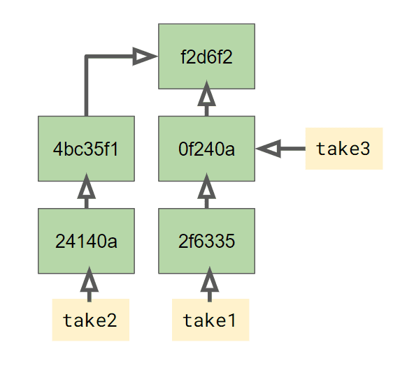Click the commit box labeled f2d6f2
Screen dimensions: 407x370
coord(206,57)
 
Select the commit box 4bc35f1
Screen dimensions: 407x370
coord(86,149)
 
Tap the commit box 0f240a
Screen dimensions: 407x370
coord(206,149)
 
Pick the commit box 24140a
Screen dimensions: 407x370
coord(86,241)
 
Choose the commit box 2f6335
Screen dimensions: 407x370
coord(206,241)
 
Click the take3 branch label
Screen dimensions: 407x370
coord(344,149)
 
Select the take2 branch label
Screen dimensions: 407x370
coord(91,320)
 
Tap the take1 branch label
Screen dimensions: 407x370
coord(210,320)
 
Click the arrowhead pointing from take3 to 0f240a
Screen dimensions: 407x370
coord(269,149)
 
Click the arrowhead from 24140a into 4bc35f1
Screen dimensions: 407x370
coord(87,186)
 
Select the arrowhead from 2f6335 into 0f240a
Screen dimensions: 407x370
coord(206,186)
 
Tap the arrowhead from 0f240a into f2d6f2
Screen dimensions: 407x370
coord(206,94)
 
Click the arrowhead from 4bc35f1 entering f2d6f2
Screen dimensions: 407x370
coord(145,57)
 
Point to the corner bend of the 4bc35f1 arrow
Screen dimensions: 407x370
coord(87,57)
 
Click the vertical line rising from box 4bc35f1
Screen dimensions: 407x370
coord(87,86)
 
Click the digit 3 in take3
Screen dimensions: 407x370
coord(364,149)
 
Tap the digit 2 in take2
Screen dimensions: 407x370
coord(111,320)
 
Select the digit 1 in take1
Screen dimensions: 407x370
coord(231,320)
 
